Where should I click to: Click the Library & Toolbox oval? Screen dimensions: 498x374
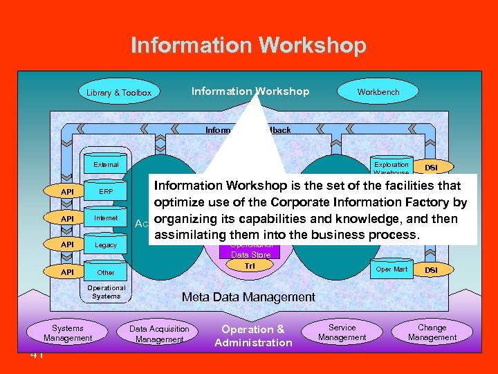pos(118,92)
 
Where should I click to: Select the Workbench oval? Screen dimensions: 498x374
pos(378,91)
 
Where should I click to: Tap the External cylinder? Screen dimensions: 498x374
pos(106,165)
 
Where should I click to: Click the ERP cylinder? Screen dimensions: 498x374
pos(106,192)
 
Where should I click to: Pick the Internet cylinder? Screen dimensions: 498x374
pos(106,218)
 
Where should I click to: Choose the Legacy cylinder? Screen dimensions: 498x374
pos(106,245)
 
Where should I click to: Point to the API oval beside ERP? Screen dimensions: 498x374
pos(67,192)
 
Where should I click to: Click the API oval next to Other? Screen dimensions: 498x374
pos(67,272)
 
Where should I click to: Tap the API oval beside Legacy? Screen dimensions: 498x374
pos(67,245)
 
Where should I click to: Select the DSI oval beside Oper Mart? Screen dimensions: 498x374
pos(430,269)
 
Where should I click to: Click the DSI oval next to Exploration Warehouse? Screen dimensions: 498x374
pos(430,168)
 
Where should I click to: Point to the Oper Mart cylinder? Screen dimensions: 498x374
pos(391,269)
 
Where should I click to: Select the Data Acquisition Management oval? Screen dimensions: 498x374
pos(159,334)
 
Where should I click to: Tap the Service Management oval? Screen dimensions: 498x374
pos(342,332)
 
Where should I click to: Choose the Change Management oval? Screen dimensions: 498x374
pos(432,332)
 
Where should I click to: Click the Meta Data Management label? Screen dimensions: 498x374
pos(248,297)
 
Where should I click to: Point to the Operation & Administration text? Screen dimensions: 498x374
pos(253,336)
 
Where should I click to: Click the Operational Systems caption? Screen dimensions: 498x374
pos(106,292)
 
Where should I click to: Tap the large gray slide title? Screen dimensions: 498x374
pos(248,46)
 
